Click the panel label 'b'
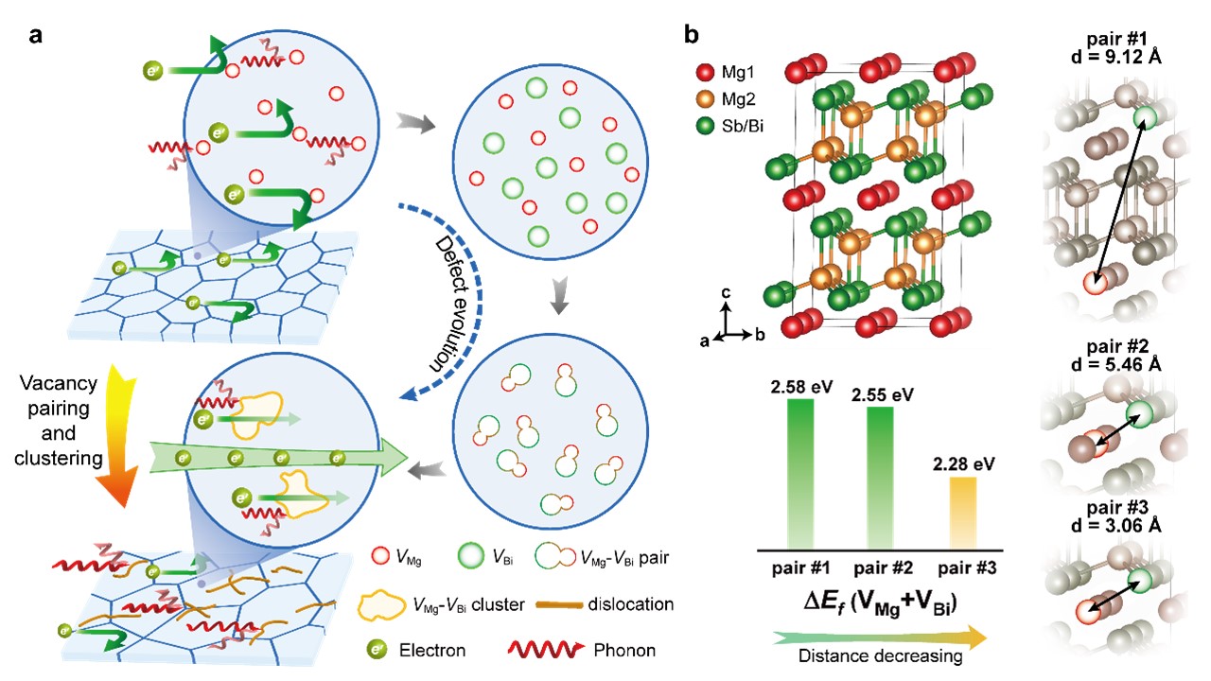point(692,37)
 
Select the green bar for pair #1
point(800,473)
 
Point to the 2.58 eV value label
point(800,386)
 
